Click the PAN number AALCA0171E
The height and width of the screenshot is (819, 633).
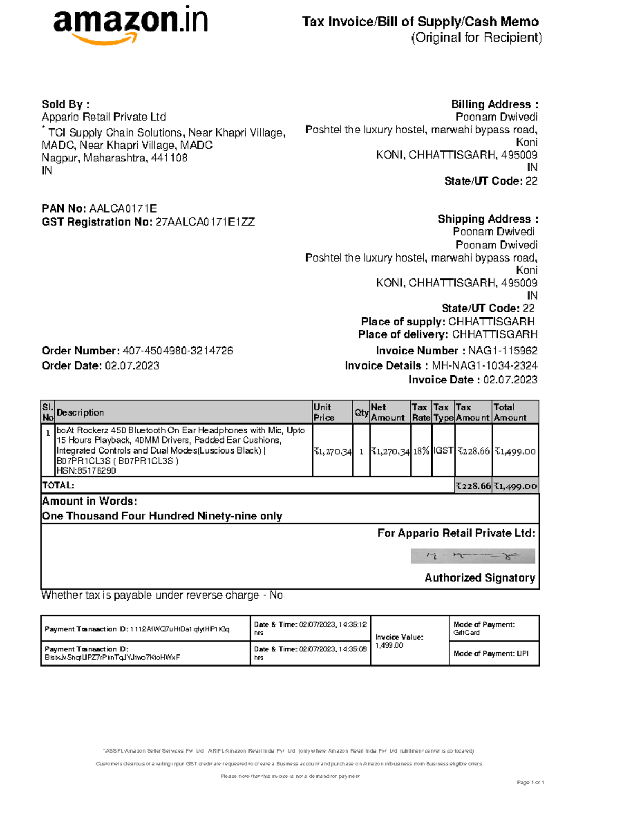[123, 208]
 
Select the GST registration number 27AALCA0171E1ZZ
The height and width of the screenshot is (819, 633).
[205, 222]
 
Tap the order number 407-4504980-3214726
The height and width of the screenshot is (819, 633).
[178, 351]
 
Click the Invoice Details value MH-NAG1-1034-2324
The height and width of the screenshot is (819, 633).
[484, 365]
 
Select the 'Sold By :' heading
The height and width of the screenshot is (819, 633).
[65, 104]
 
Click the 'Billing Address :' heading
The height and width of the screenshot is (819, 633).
[494, 104]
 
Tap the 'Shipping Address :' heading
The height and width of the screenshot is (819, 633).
[487, 219]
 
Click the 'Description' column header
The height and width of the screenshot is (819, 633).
[80, 412]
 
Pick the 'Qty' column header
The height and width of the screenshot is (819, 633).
[361, 412]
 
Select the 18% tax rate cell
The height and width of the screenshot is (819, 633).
[421, 451]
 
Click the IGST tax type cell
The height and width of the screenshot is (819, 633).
[443, 451]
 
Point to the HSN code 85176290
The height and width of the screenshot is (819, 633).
[86, 471]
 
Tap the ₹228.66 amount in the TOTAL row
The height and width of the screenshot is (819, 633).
[473, 486]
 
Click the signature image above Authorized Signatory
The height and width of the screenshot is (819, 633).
[473, 556]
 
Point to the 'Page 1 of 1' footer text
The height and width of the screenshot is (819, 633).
[530, 782]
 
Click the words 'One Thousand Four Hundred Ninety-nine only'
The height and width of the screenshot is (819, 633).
[162, 516]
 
